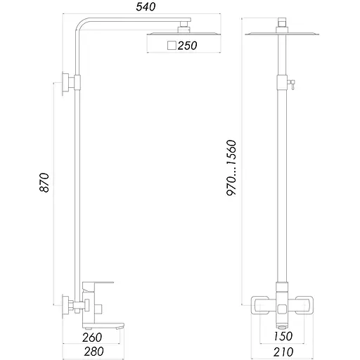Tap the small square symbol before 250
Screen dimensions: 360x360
coord(172,46)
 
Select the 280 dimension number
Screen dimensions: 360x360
coord(93,352)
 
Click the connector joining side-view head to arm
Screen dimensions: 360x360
coord(184,27)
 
